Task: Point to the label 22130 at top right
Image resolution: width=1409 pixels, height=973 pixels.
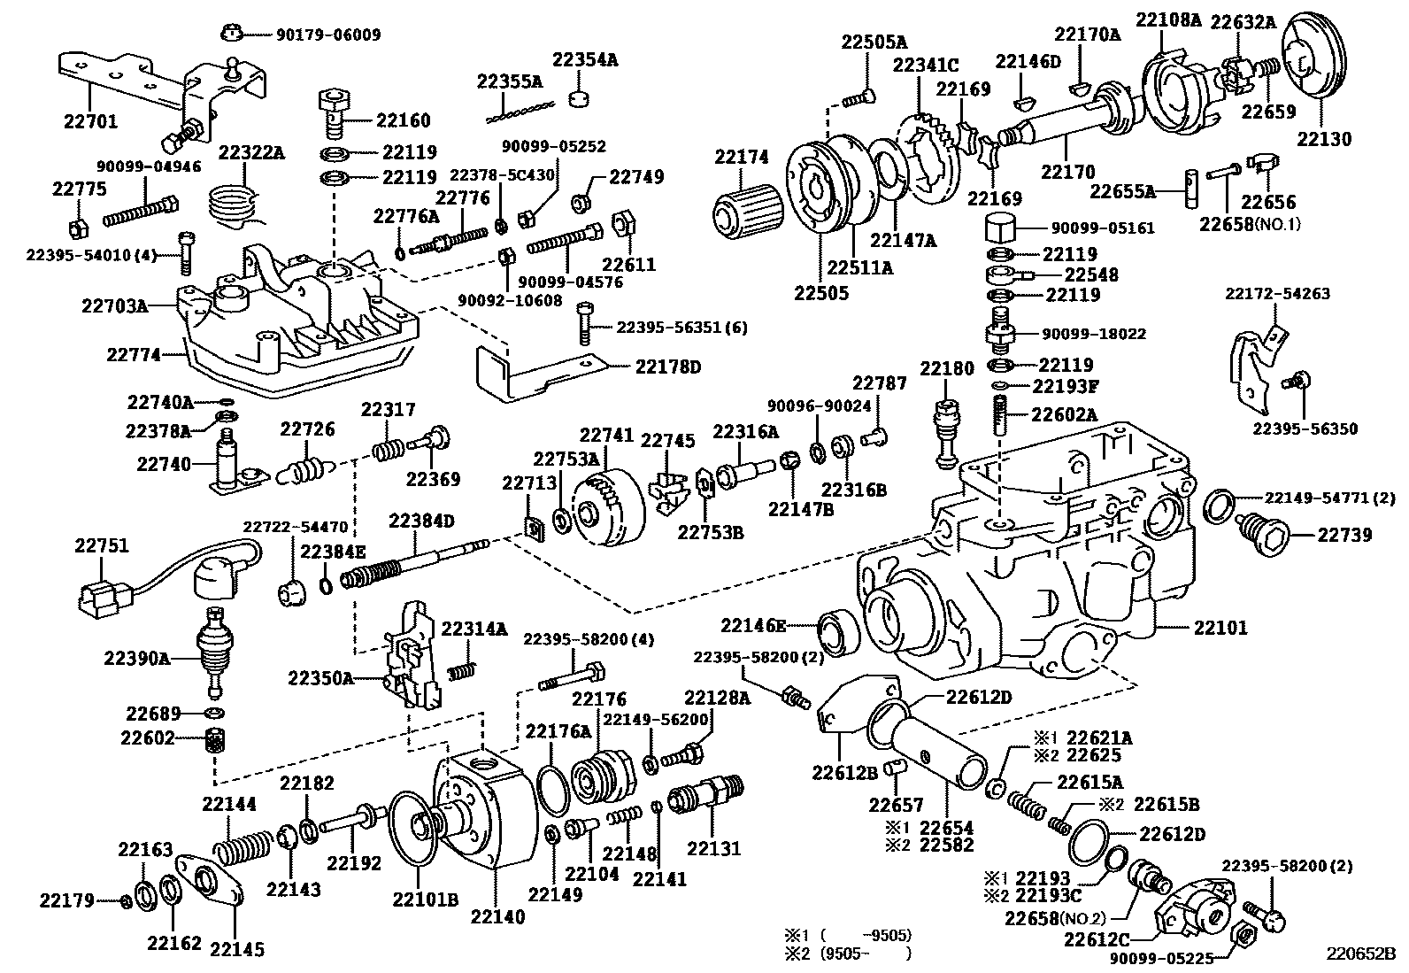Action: pyautogui.click(x=1324, y=138)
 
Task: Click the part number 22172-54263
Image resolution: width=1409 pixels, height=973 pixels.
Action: pyautogui.click(x=1277, y=293)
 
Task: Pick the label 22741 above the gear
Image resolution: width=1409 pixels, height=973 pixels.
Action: pyautogui.click(x=606, y=436)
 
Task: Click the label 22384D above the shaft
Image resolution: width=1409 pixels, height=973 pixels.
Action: pyautogui.click(x=420, y=521)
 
